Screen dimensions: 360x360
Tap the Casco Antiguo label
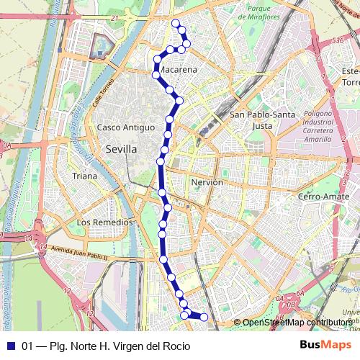[126, 127]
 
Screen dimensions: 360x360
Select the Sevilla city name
[120, 149]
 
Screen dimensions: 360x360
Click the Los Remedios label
[105, 222]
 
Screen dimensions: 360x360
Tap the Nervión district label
[207, 183]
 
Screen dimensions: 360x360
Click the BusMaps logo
[326, 346]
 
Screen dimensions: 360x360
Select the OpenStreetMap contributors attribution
[294, 323]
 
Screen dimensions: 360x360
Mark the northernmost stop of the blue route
[175, 23]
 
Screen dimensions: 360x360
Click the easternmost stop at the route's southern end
[204, 317]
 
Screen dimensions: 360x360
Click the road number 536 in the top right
[338, 42]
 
